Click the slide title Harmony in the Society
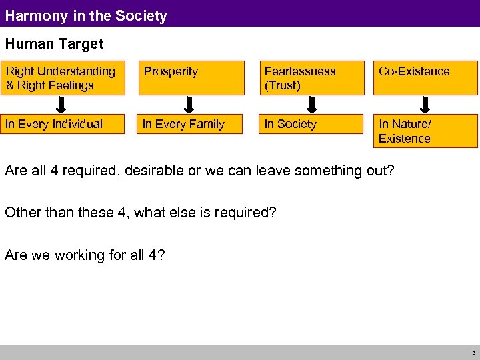86,15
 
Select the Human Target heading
54,44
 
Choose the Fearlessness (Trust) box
311,78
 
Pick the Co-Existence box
425,78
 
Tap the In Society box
311,124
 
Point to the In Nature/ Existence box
425,131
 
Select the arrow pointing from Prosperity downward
189,105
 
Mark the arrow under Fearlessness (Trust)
311,105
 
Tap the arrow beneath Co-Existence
425,105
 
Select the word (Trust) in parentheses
283,85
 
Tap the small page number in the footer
472,353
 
